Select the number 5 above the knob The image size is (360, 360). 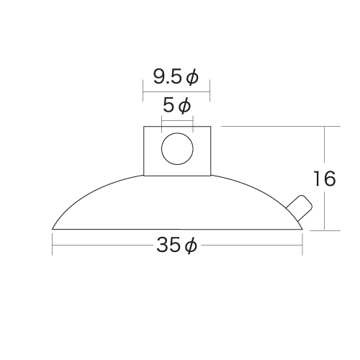[168, 106]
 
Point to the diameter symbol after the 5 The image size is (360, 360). [184, 106]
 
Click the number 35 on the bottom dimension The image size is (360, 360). [167, 246]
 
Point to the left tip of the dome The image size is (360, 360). [53, 229]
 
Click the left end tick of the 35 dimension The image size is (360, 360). [53, 246]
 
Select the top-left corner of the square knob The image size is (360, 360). [144, 127]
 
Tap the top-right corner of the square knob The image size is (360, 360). [210, 127]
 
